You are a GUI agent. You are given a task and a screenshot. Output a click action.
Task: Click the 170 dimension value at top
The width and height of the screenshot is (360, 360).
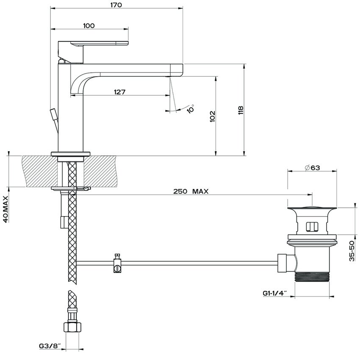click(x=116, y=5)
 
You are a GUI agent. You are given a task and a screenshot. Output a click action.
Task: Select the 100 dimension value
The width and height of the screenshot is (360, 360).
click(x=89, y=25)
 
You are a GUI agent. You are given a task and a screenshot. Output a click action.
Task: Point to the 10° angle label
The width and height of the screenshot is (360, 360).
click(x=191, y=108)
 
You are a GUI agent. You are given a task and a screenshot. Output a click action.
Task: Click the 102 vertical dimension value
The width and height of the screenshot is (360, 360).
click(x=212, y=116)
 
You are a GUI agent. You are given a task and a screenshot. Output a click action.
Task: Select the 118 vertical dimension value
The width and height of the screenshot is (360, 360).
click(x=241, y=110)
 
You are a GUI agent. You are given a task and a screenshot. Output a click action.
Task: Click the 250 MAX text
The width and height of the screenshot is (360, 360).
click(x=191, y=191)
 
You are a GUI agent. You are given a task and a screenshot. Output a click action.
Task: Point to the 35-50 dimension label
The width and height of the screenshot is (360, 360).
click(x=352, y=251)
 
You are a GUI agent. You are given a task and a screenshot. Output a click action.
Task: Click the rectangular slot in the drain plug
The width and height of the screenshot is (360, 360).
click(x=312, y=227)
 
